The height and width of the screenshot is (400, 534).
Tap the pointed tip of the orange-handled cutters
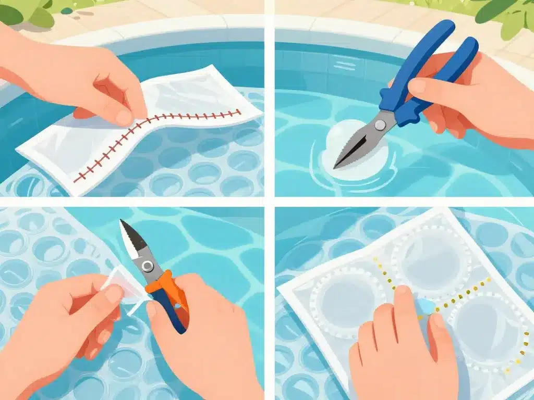(x=123, y=222)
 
